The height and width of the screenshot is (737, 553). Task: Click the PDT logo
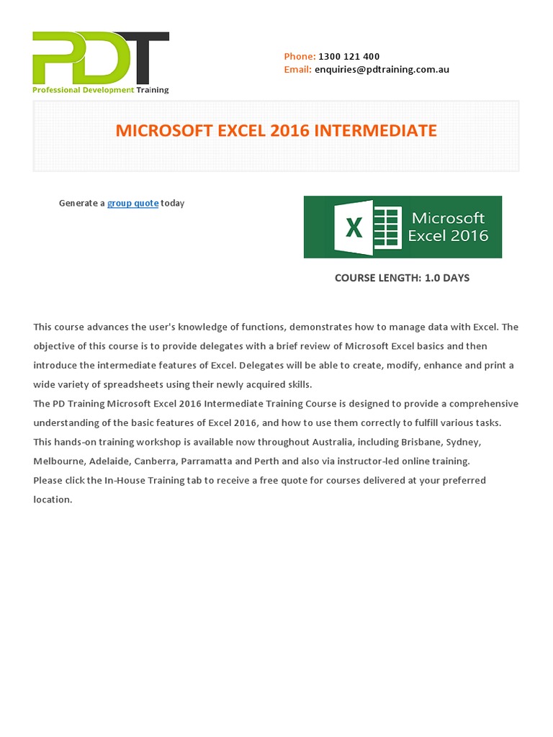click(100, 58)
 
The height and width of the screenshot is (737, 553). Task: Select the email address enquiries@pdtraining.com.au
click(382, 70)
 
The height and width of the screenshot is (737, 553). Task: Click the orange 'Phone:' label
click(300, 56)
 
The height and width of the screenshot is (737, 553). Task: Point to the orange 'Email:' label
click(298, 70)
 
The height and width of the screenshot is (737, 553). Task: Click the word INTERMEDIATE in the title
click(376, 131)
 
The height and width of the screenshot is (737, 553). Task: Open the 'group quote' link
click(132, 204)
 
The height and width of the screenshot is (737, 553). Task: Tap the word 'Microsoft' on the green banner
click(448, 218)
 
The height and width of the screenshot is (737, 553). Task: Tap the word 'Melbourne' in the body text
click(58, 461)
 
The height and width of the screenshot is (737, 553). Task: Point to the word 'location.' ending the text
click(53, 499)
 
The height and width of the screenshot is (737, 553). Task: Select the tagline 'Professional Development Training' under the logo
click(101, 90)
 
